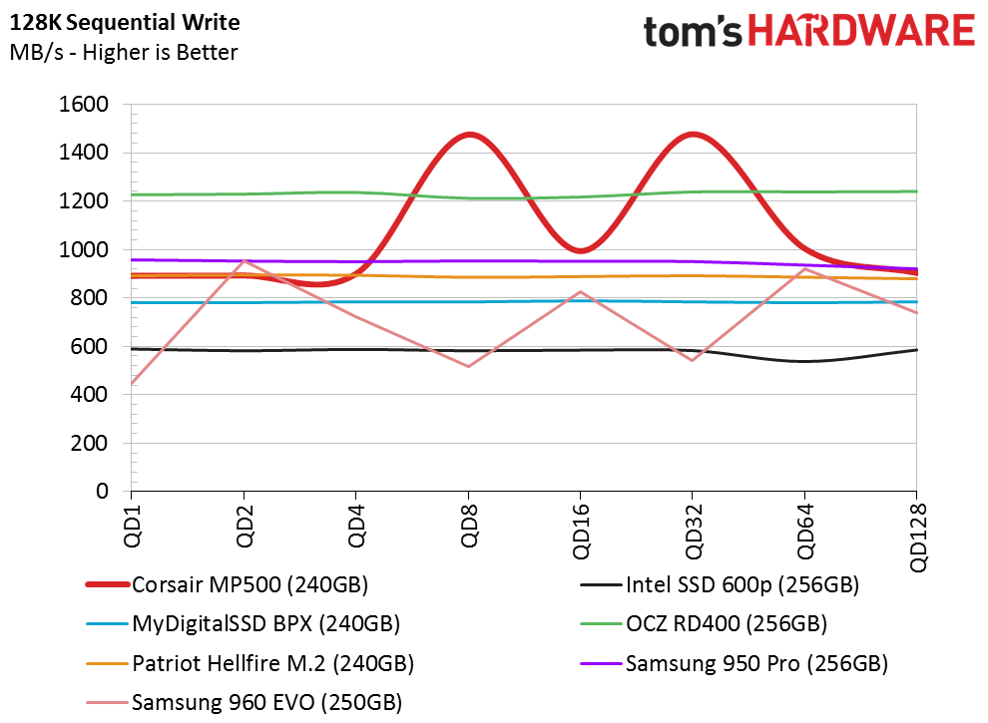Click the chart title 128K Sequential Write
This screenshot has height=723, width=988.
point(125,23)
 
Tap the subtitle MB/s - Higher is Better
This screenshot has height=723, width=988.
point(124,52)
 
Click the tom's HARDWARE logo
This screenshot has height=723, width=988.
point(809,32)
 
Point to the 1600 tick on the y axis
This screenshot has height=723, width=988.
point(84,104)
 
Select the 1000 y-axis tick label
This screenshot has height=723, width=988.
point(84,249)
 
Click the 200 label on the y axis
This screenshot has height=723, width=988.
point(90,443)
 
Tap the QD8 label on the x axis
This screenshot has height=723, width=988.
point(468,526)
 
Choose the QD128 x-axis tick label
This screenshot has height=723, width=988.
point(917,538)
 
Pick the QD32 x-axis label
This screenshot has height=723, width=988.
point(693,531)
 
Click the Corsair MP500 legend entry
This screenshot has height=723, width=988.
point(227,585)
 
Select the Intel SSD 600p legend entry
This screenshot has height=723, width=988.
point(720,585)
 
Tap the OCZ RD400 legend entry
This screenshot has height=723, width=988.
point(704,624)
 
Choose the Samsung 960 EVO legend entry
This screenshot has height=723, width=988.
point(244,702)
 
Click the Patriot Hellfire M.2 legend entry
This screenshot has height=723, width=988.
point(250,663)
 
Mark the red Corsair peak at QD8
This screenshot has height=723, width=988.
point(469,135)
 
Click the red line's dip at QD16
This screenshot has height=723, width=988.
point(581,250)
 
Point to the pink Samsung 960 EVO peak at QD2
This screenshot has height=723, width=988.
point(244,260)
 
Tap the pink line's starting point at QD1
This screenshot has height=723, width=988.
point(132,384)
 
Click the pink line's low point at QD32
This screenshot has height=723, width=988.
point(693,360)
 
